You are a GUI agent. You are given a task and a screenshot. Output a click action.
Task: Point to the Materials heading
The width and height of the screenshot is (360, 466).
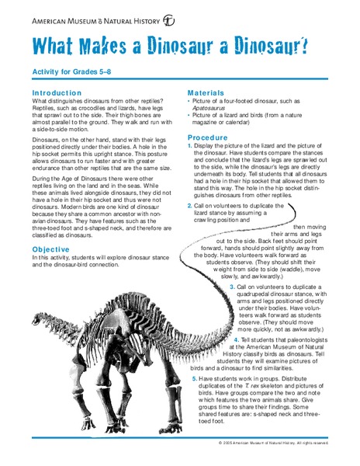pyautogui.click(x=206, y=92)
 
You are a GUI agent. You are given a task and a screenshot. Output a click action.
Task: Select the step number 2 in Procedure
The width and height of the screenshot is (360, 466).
pyautogui.click(x=189, y=206)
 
